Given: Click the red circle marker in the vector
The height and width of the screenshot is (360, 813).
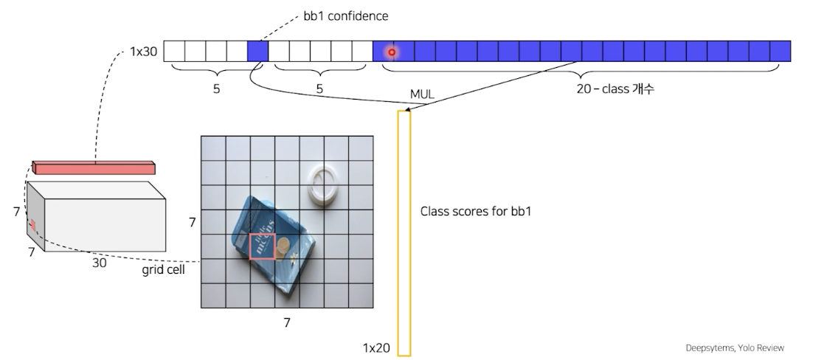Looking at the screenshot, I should point(392,52).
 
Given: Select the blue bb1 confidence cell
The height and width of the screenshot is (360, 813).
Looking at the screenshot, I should point(257,51).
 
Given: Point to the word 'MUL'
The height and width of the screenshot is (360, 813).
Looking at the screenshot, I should point(422,95).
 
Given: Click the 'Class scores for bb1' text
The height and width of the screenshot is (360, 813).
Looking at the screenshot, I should point(476,212).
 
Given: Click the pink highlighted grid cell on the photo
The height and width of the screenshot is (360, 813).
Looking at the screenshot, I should point(262,246).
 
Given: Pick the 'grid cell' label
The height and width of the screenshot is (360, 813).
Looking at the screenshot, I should point(163,270).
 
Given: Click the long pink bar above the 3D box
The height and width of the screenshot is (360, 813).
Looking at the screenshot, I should point(94,167).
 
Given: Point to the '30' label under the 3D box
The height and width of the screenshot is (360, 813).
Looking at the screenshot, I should point(99,262).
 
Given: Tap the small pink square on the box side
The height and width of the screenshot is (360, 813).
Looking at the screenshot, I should point(32,224).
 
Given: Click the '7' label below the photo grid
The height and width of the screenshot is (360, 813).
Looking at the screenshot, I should point(287,322).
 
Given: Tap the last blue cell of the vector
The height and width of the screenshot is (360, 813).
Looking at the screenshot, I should point(780,51).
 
